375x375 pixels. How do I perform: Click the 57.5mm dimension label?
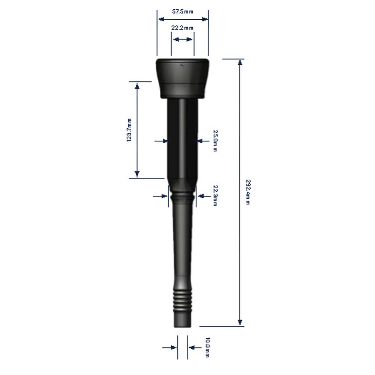[183, 12]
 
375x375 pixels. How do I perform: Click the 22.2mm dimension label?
[182, 28]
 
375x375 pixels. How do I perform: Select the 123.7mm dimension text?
[129, 130]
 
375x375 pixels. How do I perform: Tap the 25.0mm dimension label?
[215, 141]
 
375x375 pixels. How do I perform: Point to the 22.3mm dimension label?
[215, 196]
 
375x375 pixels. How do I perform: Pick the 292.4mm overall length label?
[248, 192]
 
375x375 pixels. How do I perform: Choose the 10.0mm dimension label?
[208, 347]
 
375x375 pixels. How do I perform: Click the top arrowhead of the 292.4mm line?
[240, 62]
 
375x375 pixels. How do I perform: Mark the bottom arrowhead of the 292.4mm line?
[240, 322]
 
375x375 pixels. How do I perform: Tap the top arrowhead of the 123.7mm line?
[137, 86]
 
